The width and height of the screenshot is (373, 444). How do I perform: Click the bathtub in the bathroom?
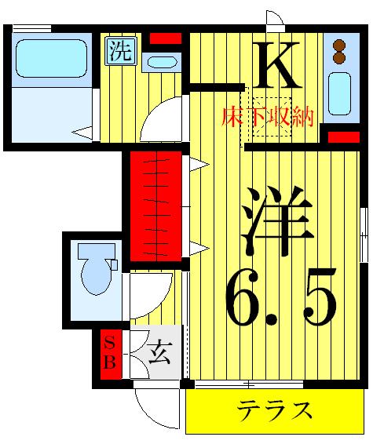[50, 59]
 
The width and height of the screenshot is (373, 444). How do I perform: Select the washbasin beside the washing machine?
[162, 62]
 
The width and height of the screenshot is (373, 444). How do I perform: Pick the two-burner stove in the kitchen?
[339, 51]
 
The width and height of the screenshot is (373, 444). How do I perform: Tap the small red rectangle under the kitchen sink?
[343, 138]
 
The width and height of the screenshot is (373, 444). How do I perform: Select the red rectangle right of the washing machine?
[165, 38]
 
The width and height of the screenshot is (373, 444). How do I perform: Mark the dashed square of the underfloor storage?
[265, 122]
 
